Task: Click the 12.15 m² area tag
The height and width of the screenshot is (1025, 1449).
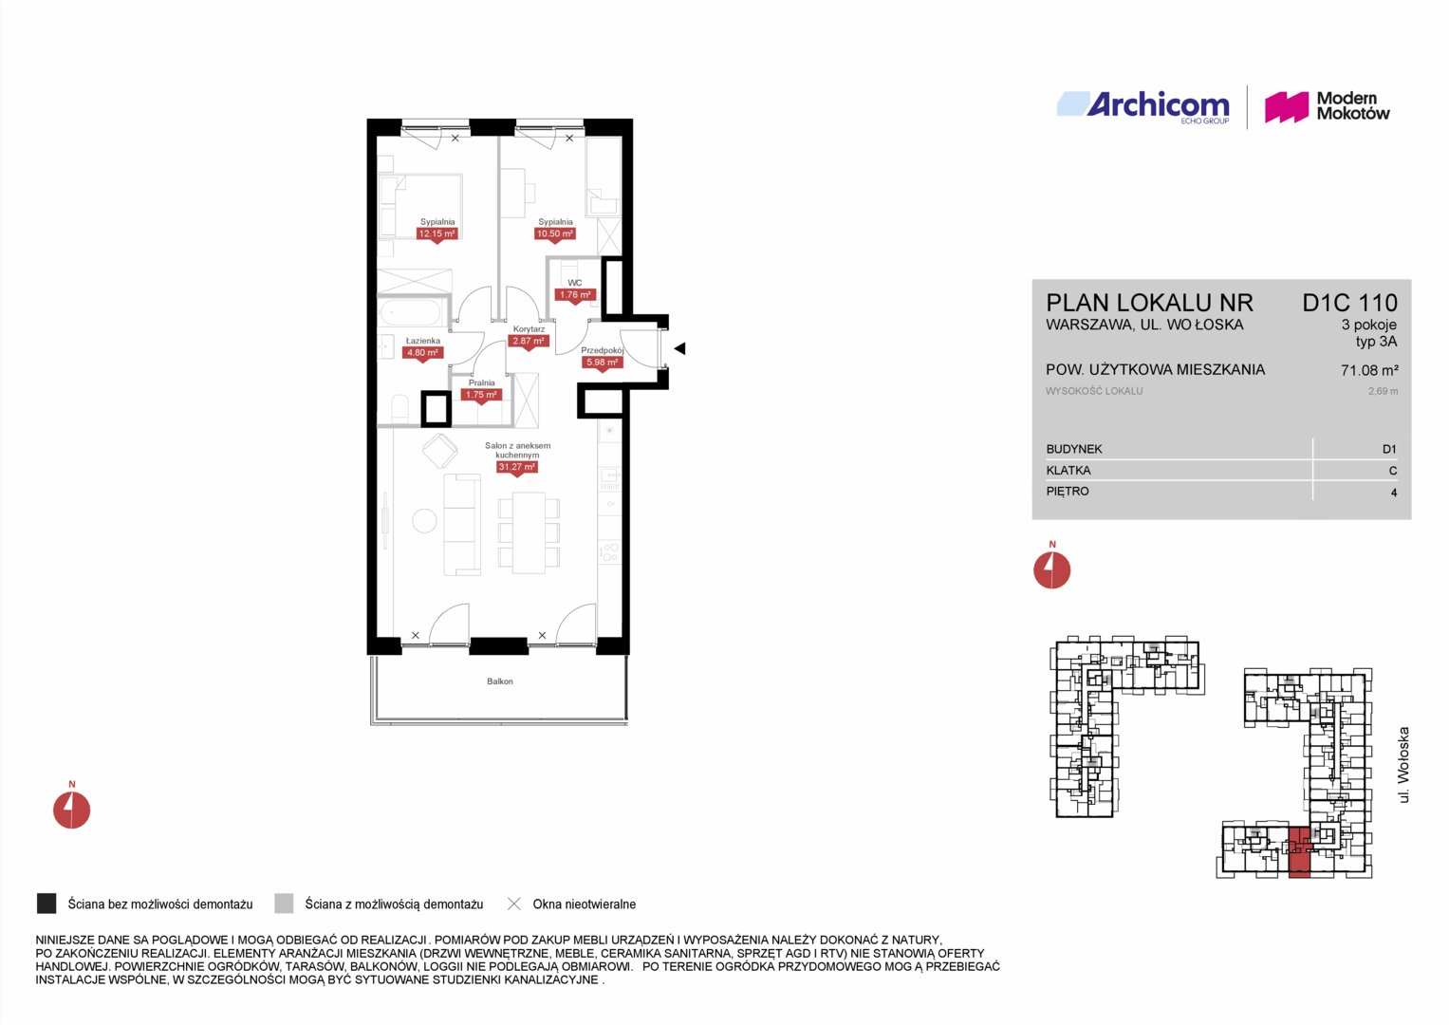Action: pyautogui.click(x=437, y=234)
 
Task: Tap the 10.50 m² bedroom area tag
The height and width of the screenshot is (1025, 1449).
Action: pyautogui.click(x=554, y=234)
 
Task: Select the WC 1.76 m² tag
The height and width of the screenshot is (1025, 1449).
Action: pyautogui.click(x=574, y=295)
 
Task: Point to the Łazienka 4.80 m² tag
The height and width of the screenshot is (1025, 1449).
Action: pyautogui.click(x=421, y=353)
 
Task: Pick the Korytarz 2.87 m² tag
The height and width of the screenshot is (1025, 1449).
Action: pyautogui.click(x=528, y=342)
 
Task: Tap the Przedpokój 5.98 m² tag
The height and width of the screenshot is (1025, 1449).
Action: pyautogui.click(x=602, y=363)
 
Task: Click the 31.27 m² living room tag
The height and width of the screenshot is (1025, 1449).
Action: pyautogui.click(x=516, y=467)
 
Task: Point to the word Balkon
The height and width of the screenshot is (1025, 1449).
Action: pyautogui.click(x=500, y=681)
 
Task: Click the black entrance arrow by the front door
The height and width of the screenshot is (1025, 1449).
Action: pyautogui.click(x=679, y=349)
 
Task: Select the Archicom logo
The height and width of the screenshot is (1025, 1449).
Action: pyautogui.click(x=1143, y=105)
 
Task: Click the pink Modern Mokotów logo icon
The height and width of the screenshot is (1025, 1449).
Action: pyautogui.click(x=1286, y=107)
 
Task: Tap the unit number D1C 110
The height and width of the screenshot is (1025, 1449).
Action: pyautogui.click(x=1349, y=303)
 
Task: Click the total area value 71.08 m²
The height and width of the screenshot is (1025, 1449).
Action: pyautogui.click(x=1369, y=370)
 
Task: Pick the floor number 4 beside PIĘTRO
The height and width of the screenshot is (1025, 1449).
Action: pyautogui.click(x=1393, y=493)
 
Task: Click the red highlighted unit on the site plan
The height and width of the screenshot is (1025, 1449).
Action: pyautogui.click(x=1300, y=851)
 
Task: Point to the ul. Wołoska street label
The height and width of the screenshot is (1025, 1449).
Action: pyautogui.click(x=1403, y=765)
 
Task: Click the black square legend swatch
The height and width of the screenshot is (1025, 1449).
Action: pyautogui.click(x=46, y=904)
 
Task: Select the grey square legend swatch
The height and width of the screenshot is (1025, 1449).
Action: pyautogui.click(x=284, y=904)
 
